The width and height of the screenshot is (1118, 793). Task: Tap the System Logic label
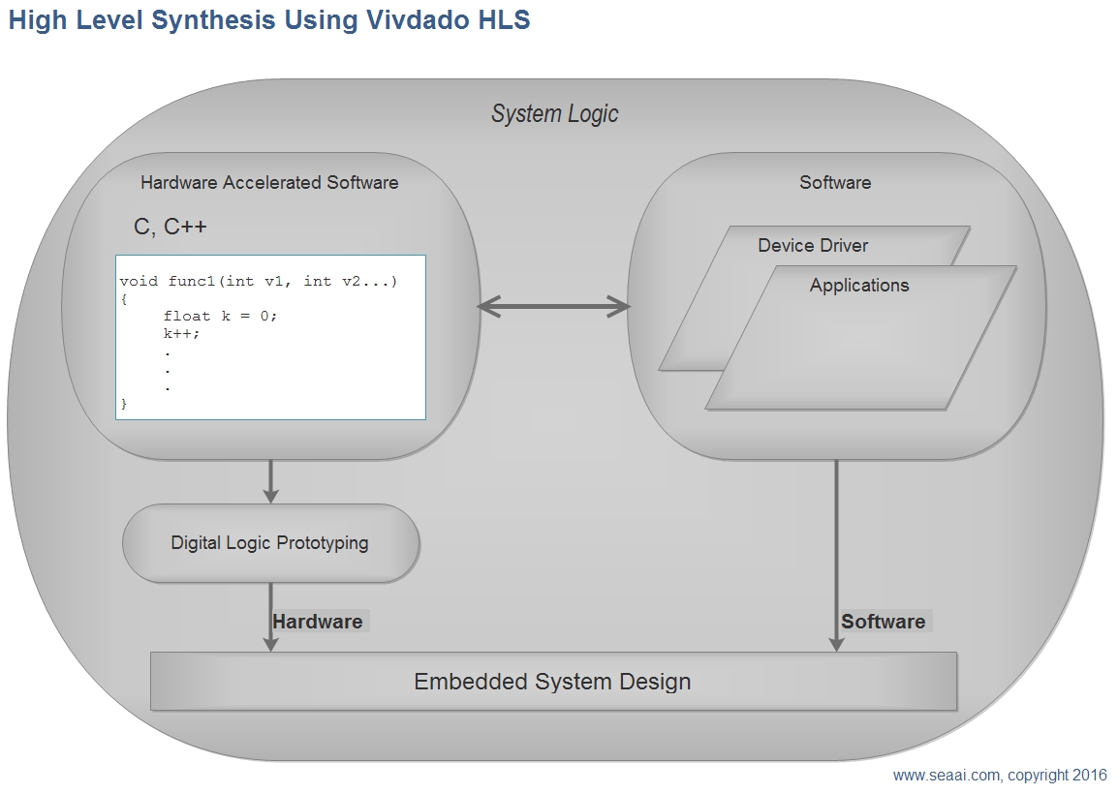[x=555, y=114]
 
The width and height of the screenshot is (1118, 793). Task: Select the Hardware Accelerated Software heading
[x=269, y=182]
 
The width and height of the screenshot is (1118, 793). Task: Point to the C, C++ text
[x=171, y=227]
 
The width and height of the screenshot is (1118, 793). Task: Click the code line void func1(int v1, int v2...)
[x=258, y=282]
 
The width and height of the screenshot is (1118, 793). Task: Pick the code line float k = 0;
[x=220, y=316]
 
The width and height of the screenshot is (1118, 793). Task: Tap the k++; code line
[x=182, y=333]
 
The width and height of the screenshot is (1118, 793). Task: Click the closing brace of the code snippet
[x=124, y=403]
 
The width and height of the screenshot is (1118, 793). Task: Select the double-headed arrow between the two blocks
[x=554, y=307]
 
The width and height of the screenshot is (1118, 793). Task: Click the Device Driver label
[x=813, y=245]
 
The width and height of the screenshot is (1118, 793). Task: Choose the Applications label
[x=859, y=285]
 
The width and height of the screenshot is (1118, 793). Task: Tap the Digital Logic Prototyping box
[x=271, y=543]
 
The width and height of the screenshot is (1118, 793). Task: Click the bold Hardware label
[x=318, y=622]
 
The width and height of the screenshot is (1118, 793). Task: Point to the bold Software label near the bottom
[x=884, y=622]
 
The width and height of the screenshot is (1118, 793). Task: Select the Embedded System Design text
[x=552, y=681]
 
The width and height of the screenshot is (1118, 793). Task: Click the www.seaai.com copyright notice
[x=1000, y=776]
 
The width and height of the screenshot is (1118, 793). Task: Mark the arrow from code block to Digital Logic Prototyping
[x=270, y=481]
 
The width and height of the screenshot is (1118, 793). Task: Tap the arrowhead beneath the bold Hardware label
[x=270, y=643]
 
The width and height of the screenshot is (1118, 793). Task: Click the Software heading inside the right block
[x=835, y=182]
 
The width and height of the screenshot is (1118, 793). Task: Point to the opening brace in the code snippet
[x=124, y=299]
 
